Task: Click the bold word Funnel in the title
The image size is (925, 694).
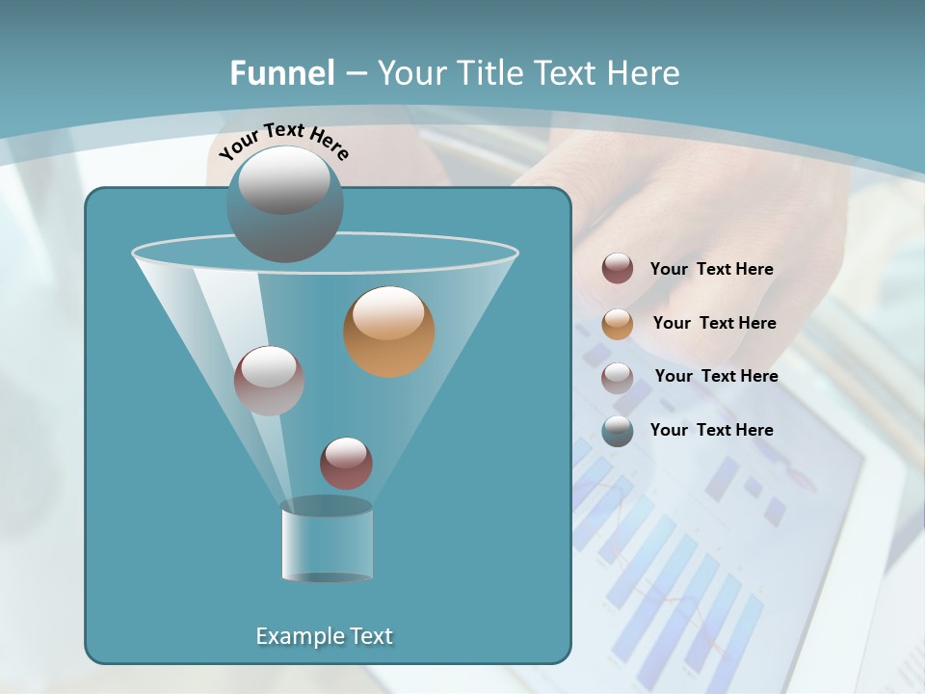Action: click(281, 73)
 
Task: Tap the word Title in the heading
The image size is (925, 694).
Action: click(488, 73)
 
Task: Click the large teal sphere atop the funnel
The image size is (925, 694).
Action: click(285, 204)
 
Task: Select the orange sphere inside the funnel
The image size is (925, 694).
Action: click(388, 332)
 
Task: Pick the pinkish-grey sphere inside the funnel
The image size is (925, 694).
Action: click(269, 381)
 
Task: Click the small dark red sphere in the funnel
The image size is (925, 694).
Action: click(346, 464)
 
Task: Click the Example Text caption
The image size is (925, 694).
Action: click(325, 636)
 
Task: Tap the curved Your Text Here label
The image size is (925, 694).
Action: click(284, 141)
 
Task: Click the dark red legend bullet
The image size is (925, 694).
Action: click(618, 269)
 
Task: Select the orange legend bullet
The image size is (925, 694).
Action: click(618, 324)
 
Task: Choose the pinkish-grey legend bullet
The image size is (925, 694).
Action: click(618, 377)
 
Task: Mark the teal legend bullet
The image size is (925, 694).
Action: click(618, 431)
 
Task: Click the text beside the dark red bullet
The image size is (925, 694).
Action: click(711, 269)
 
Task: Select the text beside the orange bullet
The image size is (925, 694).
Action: click(714, 323)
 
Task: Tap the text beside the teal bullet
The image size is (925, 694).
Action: click(711, 430)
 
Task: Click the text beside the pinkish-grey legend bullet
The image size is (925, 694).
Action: click(716, 376)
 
